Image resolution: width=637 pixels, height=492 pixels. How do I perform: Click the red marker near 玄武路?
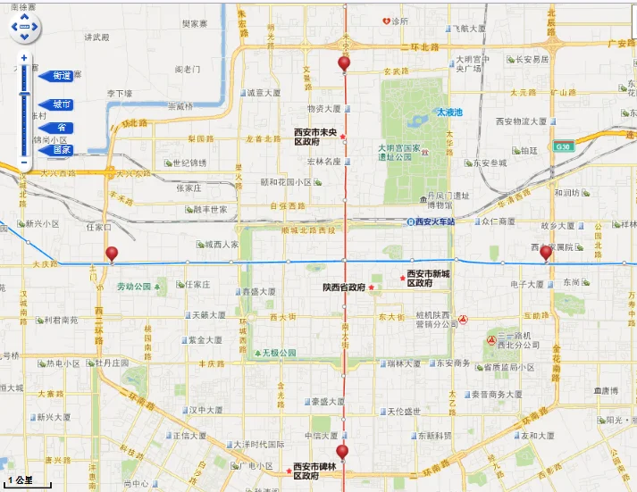point(344,63)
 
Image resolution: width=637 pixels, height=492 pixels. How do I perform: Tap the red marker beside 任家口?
point(112,254)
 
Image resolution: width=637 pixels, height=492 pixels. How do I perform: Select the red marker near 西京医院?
point(546,253)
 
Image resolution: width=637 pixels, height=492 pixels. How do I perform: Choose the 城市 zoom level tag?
point(59,104)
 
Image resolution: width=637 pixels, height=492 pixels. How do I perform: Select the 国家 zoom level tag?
point(59,150)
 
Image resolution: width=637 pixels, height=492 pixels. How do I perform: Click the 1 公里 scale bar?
point(27,481)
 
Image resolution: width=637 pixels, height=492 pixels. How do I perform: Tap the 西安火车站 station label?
point(432,221)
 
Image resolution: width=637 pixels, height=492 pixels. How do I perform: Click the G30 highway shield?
point(562,146)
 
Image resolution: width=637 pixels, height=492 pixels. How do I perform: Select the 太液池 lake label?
point(448,113)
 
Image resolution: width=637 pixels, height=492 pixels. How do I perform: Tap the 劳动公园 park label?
point(135,287)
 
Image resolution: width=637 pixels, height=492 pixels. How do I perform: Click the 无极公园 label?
point(278,354)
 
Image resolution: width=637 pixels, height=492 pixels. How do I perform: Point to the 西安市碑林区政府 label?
point(319,471)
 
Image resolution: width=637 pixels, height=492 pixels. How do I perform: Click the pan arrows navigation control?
point(25,27)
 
